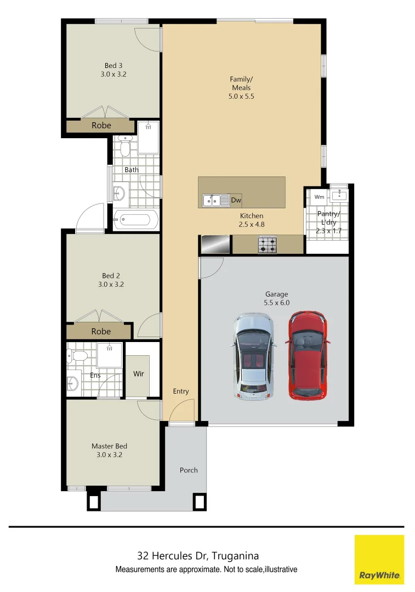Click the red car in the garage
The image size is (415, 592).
tap(308, 355)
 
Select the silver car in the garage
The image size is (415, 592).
tap(253, 356)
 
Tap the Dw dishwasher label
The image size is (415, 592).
tap(236, 200)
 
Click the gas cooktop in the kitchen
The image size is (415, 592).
tap(267, 244)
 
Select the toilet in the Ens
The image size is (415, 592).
tap(77, 356)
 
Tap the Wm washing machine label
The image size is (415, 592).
tap(319, 197)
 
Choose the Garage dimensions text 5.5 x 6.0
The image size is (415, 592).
tap(276, 303)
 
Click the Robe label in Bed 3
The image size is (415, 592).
tap(101, 126)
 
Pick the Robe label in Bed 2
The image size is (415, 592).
tap(101, 332)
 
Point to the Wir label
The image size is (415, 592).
tap(139, 374)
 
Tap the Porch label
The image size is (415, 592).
tap(189, 470)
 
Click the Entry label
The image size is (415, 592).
tap(181, 391)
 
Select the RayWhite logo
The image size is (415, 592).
tap(379, 559)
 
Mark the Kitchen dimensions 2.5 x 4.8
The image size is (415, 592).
tap(252, 224)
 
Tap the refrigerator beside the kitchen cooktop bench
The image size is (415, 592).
tap(214, 244)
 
